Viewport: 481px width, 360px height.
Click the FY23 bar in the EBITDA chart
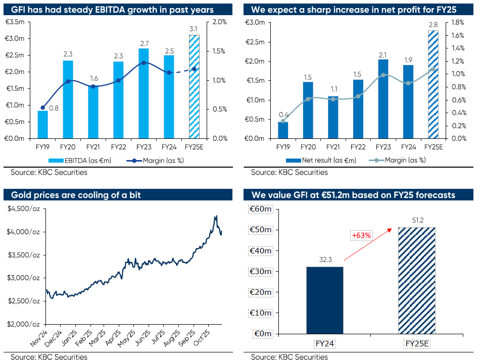(x=143, y=93)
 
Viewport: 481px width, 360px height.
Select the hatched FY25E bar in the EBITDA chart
(x=194, y=86)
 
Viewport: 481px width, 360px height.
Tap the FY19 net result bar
(x=283, y=130)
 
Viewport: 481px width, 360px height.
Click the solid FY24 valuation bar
(x=325, y=300)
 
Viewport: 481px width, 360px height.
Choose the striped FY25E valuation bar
(x=416, y=280)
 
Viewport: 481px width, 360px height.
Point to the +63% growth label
(x=362, y=235)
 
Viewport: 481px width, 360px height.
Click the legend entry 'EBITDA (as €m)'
(x=81, y=160)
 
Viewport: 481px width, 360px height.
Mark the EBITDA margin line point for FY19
(x=43, y=108)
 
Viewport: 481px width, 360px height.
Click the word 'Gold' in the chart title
(x=20, y=195)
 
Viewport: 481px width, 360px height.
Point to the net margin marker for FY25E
(x=433, y=69)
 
